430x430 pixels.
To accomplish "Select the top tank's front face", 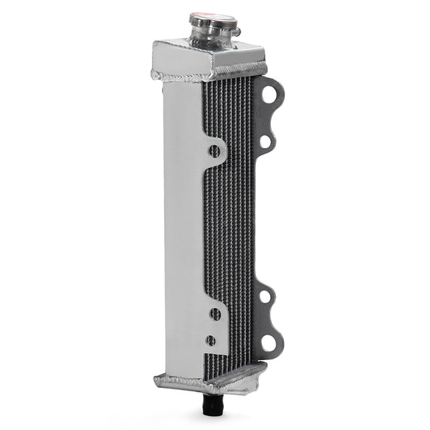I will pos(181,59).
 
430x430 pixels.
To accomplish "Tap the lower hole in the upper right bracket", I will pos(265,141).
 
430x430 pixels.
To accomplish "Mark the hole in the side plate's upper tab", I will pos(215,151).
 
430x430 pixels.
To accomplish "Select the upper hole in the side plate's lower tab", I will pos(215,313).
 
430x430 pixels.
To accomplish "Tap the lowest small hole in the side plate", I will pos(211,341).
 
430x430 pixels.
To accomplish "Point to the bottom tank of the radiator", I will pos(207,380).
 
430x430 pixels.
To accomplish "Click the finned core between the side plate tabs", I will pos(230,233).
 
